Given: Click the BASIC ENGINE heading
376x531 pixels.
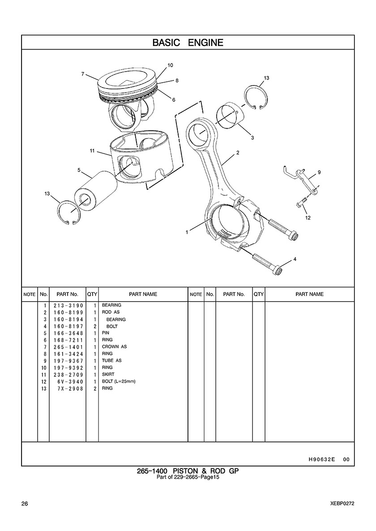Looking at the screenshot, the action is click(188, 42).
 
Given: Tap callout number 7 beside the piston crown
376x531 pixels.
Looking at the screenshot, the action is click(83, 73).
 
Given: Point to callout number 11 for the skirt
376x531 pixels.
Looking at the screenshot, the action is click(92, 151).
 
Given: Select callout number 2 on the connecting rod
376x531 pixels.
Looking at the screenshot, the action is click(238, 153).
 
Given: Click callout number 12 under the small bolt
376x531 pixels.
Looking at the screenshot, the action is click(308, 218).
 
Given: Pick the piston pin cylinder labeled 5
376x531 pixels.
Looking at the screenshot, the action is click(96, 190).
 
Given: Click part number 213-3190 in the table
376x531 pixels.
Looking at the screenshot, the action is click(68, 305).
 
